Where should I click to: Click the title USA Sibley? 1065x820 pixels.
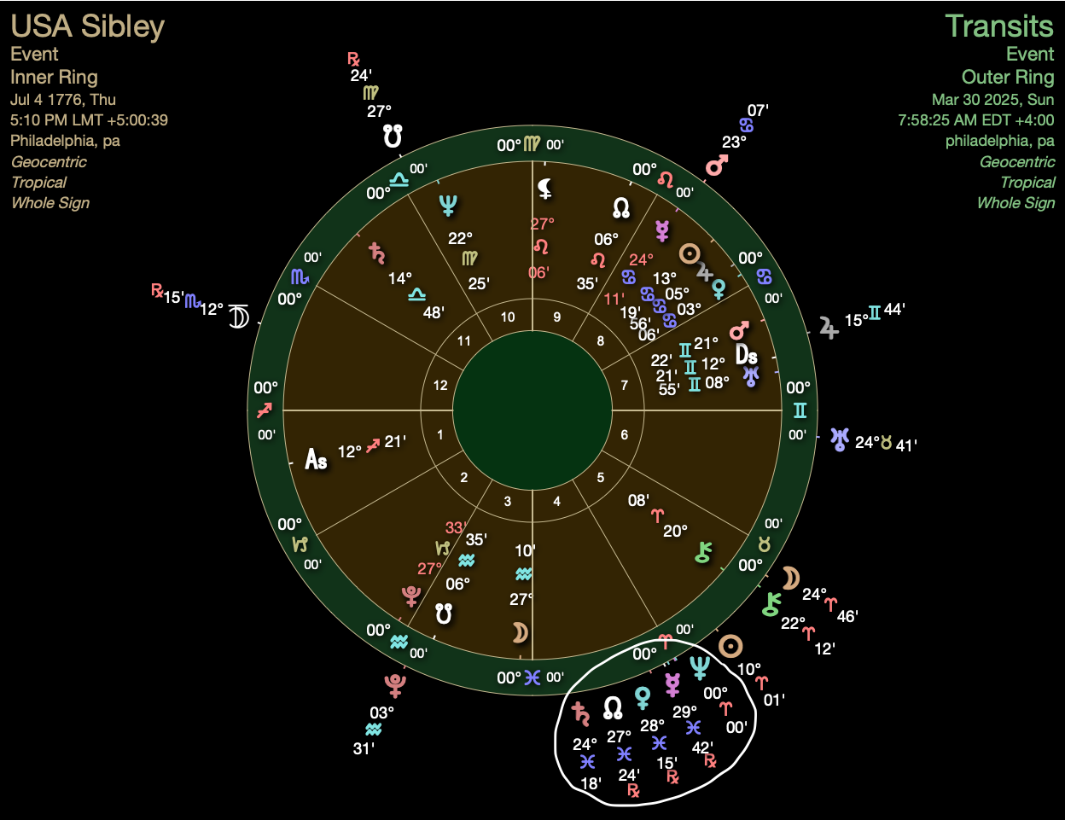tap(87, 26)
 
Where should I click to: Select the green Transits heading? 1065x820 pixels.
tap(998, 26)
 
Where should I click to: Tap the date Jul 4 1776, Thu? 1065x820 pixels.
tap(63, 99)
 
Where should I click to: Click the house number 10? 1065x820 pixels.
tap(508, 317)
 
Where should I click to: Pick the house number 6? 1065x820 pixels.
tap(625, 435)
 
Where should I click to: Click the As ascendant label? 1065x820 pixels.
tap(316, 460)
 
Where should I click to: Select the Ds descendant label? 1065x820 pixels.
tap(746, 354)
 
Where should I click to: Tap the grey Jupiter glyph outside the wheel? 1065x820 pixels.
tap(828, 327)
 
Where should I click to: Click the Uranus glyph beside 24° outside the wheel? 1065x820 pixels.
tap(840, 439)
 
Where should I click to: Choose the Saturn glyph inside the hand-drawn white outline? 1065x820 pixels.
tap(582, 713)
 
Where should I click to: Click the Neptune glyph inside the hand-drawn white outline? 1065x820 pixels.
tap(700, 667)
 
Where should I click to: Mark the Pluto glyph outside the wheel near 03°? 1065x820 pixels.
tap(394, 684)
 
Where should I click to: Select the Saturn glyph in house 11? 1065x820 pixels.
tap(376, 252)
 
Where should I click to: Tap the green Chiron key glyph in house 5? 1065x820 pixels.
tap(703, 553)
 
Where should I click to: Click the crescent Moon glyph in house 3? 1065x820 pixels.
tap(519, 632)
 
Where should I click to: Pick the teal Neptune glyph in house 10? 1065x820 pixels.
tap(448, 205)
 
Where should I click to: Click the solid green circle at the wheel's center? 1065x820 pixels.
tap(532, 410)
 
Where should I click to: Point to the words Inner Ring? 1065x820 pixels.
tap(54, 77)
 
